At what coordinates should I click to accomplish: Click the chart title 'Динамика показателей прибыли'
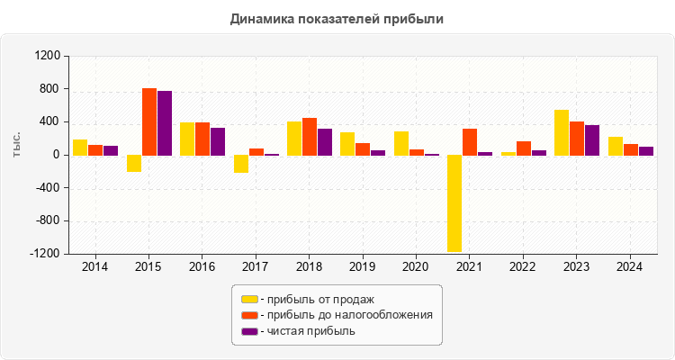pyautogui.click(x=337, y=18)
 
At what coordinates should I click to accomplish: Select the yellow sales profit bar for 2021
pyautogui.click(x=454, y=202)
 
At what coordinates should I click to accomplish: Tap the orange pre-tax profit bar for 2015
pyautogui.click(x=149, y=121)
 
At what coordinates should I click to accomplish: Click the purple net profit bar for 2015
pyautogui.click(x=165, y=123)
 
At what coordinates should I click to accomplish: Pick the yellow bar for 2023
pyautogui.click(x=562, y=132)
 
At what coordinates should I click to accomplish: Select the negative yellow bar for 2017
pyautogui.click(x=241, y=164)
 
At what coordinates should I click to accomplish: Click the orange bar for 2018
pyautogui.click(x=310, y=137)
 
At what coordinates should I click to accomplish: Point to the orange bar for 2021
pyautogui.click(x=470, y=142)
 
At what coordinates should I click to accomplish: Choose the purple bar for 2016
pyautogui.click(x=218, y=141)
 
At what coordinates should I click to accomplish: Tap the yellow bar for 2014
pyautogui.click(x=80, y=148)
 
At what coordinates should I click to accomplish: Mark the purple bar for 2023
pyautogui.click(x=592, y=140)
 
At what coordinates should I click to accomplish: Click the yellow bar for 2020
pyautogui.click(x=401, y=143)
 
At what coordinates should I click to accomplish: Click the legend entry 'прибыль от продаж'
pyautogui.click(x=316, y=299)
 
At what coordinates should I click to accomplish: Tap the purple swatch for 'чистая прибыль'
pyautogui.click(x=249, y=331)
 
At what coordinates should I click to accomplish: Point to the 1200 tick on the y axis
pyautogui.click(x=46, y=56)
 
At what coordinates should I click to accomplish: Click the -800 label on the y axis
pyautogui.click(x=46, y=221)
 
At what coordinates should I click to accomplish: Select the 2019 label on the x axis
pyautogui.click(x=362, y=267)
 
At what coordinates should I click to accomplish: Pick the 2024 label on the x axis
pyautogui.click(x=630, y=267)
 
